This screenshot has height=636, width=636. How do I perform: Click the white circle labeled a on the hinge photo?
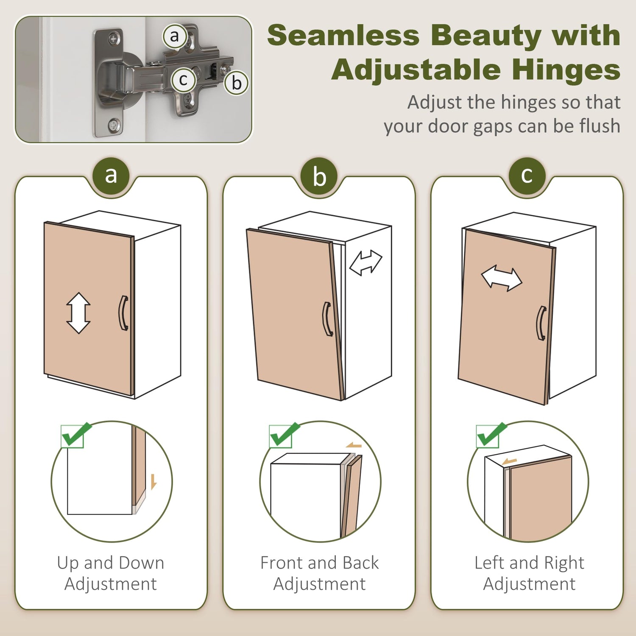175,36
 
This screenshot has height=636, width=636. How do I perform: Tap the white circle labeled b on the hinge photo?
236,82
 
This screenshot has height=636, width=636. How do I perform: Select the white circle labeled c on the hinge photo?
183,80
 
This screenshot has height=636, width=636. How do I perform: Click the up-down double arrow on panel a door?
78,313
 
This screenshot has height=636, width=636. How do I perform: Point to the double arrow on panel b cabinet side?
366,262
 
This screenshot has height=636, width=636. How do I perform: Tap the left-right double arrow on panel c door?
502,279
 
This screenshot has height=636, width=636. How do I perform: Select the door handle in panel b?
327,319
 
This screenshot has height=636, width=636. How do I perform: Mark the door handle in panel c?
541,323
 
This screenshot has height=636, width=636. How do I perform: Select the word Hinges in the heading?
566,70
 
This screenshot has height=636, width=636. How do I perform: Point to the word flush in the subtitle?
597,126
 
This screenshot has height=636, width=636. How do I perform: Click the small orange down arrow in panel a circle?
153,482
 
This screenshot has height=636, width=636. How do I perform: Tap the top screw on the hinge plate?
114,39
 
